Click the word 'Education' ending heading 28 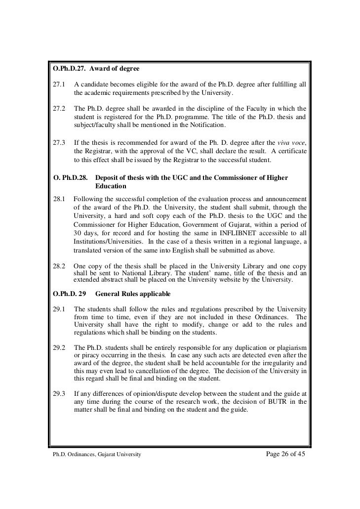111,186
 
